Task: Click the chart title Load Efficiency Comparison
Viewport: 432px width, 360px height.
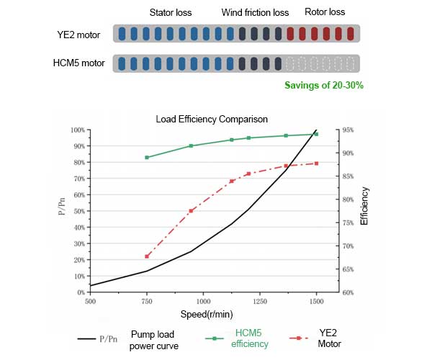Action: click(x=212, y=119)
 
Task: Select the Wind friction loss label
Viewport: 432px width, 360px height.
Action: click(x=255, y=13)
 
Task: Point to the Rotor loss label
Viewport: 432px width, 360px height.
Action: click(x=325, y=12)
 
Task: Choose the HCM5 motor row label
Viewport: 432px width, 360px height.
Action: click(x=79, y=63)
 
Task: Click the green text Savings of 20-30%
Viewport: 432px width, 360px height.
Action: click(x=323, y=85)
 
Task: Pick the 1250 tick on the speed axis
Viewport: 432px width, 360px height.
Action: click(x=259, y=302)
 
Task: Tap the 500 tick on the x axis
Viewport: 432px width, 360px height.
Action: click(x=90, y=302)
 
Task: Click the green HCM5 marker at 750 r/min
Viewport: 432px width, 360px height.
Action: click(x=147, y=158)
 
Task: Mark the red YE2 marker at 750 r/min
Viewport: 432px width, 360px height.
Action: click(x=147, y=256)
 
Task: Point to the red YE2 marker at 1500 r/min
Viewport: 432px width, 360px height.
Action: click(x=316, y=163)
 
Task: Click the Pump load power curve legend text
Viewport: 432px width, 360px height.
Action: click(x=155, y=341)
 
